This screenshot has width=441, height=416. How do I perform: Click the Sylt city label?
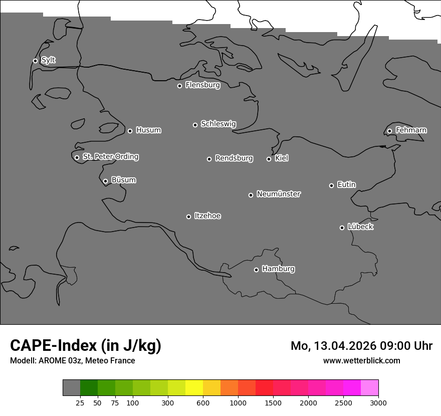(48, 60)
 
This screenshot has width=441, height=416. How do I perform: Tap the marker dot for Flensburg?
(179, 86)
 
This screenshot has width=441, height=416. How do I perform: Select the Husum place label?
(148, 130)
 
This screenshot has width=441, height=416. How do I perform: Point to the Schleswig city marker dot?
(195, 125)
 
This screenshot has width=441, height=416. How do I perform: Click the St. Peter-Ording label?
(110, 157)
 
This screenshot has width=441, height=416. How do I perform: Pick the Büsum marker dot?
(105, 181)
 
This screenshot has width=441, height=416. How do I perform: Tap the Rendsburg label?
(234, 158)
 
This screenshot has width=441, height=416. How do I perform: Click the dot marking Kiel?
(269, 159)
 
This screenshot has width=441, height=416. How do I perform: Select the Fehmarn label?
(411, 130)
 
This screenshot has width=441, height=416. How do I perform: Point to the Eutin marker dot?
(331, 185)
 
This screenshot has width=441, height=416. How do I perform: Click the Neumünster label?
(278, 194)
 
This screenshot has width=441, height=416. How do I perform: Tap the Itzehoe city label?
(207, 216)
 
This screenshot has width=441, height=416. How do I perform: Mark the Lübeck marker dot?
(342, 228)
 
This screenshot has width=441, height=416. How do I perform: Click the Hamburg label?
(278, 269)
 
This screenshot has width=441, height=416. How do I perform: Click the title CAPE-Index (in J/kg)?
(86, 345)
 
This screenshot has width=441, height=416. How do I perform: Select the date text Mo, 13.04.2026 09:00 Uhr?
(361, 346)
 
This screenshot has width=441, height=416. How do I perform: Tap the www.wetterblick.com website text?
(361, 360)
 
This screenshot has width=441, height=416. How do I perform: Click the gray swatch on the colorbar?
(71, 387)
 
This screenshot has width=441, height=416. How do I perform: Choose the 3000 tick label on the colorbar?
(378, 402)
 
